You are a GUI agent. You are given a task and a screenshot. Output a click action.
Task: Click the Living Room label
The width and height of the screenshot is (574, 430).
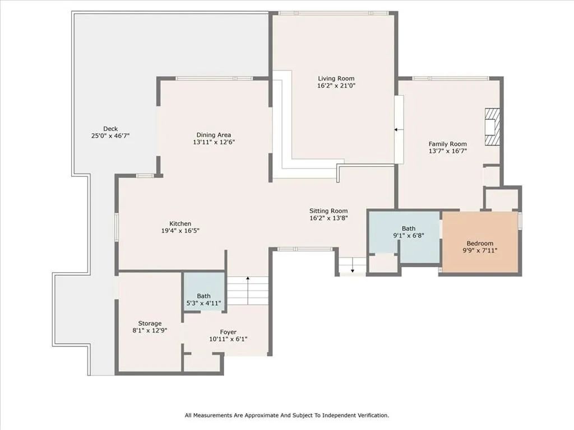coord(336,78)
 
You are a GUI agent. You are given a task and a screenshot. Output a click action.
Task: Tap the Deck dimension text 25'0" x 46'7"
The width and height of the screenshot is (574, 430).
coord(111,136)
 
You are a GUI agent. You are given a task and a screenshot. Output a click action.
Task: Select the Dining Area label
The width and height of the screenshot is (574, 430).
coord(214,135)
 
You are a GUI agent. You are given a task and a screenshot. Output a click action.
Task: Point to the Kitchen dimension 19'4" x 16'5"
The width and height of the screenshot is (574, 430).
coord(180,231)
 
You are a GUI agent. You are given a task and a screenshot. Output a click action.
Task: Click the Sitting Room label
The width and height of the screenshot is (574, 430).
coord(328,211)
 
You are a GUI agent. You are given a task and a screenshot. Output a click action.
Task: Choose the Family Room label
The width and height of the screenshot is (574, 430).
coord(447,144)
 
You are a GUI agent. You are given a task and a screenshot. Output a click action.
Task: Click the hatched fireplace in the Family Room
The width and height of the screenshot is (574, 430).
coord(492,127)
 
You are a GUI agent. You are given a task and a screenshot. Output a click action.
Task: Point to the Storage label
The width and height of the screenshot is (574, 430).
coord(150,324)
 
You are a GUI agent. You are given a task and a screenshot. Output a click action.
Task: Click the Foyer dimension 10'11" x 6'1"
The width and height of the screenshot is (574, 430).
coord(228,339)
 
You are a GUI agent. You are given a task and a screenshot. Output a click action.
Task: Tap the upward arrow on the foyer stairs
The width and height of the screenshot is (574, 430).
coord(247,279)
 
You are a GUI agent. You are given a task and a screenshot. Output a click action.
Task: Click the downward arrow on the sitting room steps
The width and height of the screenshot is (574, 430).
coord(353,271)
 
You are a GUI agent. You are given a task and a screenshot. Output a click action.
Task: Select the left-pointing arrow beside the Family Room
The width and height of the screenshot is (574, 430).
coord(396,129)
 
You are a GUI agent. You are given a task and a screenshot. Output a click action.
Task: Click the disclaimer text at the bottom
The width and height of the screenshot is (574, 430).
coord(286,415)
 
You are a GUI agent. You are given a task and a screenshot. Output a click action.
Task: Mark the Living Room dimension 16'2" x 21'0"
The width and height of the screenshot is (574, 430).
coord(336,86)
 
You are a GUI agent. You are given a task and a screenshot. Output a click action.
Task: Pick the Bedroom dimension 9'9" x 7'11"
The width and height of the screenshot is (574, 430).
coord(480,251)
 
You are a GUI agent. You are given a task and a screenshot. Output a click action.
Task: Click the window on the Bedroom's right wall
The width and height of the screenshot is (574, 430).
coord(520,221)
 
